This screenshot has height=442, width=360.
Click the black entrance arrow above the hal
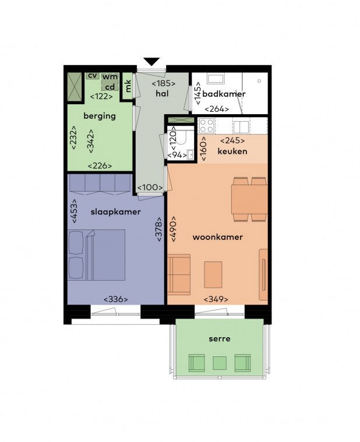pyautogui.click(x=151, y=62)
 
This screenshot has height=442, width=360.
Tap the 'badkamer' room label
pyautogui.click(x=224, y=94)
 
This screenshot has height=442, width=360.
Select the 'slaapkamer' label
pyautogui.click(x=115, y=212)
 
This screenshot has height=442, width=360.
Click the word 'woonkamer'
pyautogui.click(x=218, y=237)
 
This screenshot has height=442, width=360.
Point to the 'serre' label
pyautogui.click(x=220, y=338)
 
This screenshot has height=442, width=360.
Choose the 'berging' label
pyautogui.click(x=100, y=116)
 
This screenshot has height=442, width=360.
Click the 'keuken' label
pyautogui.click(x=232, y=151)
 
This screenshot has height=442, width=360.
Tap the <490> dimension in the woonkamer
pyautogui.click(x=173, y=229)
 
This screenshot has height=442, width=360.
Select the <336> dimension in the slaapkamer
pyautogui.click(x=115, y=299)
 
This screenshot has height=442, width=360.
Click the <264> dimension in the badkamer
pyautogui.click(x=217, y=109)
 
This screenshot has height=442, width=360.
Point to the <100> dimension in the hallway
pyautogui.click(x=150, y=188)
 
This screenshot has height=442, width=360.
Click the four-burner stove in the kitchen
pyautogui.click(x=207, y=126)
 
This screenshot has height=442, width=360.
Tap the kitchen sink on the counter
pyautogui.click(x=241, y=127)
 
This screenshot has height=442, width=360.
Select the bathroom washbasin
pyautogui.click(x=216, y=78)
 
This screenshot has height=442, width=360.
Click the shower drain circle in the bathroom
pyautogui.click(x=259, y=81)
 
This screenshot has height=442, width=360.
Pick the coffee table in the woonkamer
pyautogui.click(x=213, y=274)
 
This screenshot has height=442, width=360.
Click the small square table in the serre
pyautogui.click(x=220, y=363)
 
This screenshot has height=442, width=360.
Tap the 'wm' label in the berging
pyautogui.click(x=110, y=77)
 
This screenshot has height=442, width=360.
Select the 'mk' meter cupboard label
pyautogui.click(x=128, y=86)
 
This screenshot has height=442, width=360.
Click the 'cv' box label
pyautogui.click(x=92, y=76)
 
